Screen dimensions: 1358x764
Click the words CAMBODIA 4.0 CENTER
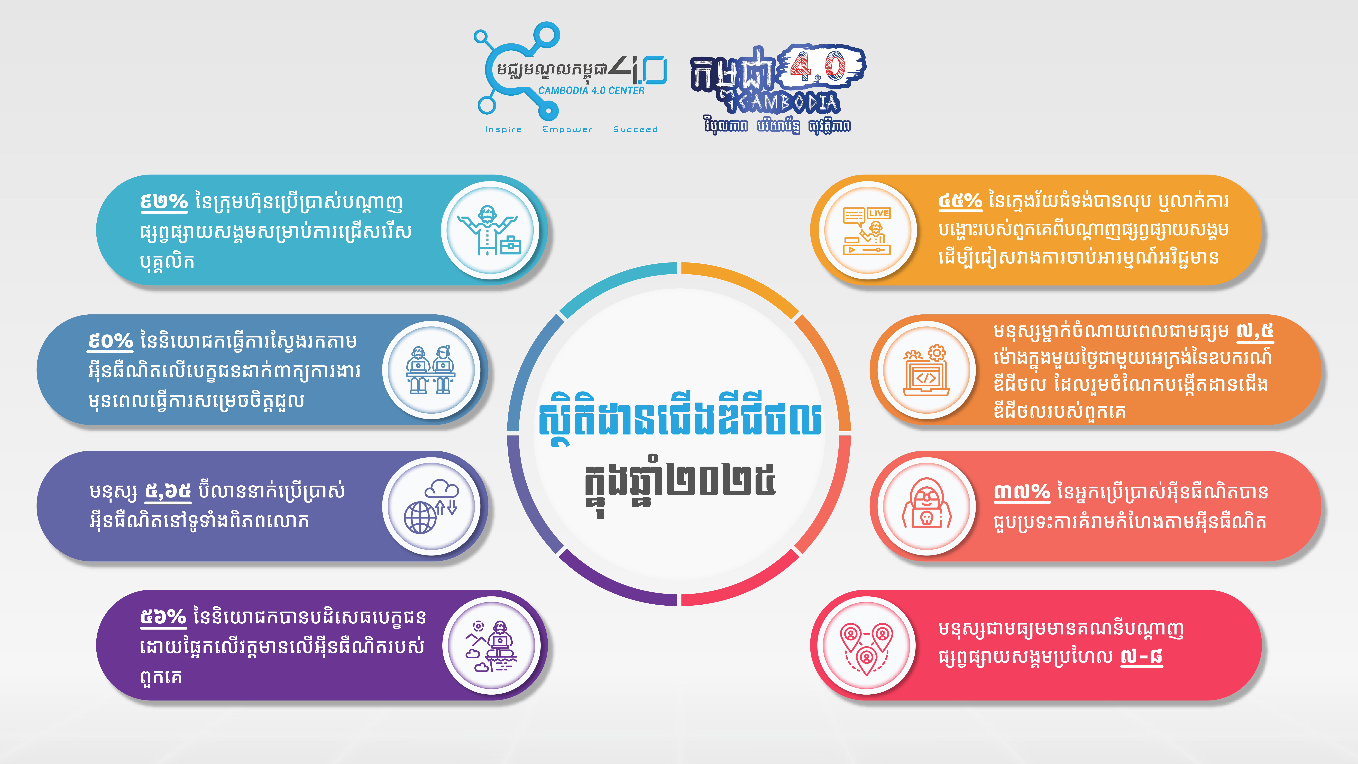(591, 91)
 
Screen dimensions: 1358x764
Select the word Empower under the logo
(567, 129)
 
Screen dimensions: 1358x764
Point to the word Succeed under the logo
(635, 129)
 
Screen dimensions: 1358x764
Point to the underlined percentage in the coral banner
(1022, 492)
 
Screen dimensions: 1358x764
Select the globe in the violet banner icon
(420, 518)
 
